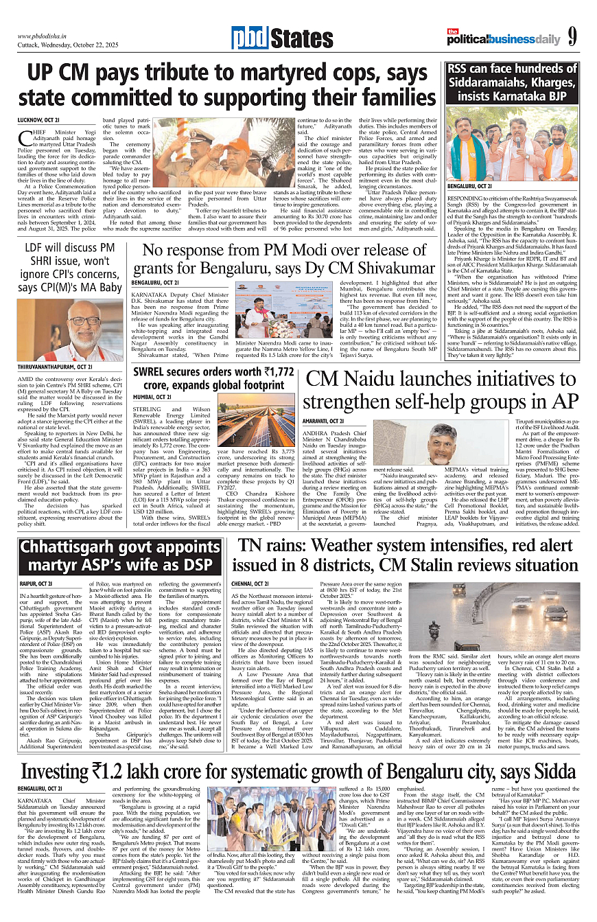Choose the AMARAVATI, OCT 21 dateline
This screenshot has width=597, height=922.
[325, 420]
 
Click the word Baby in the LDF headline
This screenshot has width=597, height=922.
[105, 287]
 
